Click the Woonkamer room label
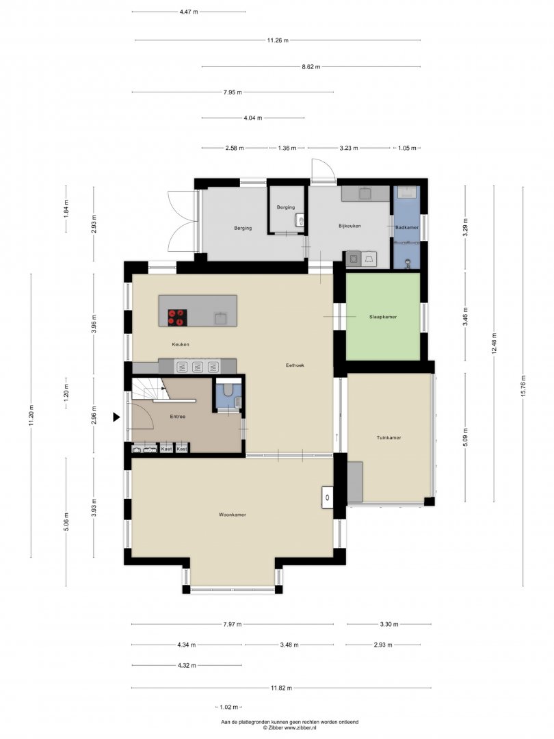tap(233, 515)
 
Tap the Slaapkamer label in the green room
tap(383, 317)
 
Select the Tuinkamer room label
tap(388, 437)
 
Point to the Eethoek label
tap(295, 365)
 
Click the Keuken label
tap(181, 344)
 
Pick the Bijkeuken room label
tap(349, 226)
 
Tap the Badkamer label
tap(407, 228)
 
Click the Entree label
tap(178, 417)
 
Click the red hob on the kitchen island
tap(178, 317)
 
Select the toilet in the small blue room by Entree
tap(228, 390)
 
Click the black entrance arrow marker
tap(116, 417)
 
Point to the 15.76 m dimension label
tap(523, 387)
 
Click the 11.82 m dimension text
tap(281, 688)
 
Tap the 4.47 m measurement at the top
tap(189, 12)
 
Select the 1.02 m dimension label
tap(229, 707)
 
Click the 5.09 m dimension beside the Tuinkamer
tap(466, 437)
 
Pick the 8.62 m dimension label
tap(311, 67)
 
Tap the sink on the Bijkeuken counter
tap(365, 193)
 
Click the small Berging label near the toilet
tap(285, 207)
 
